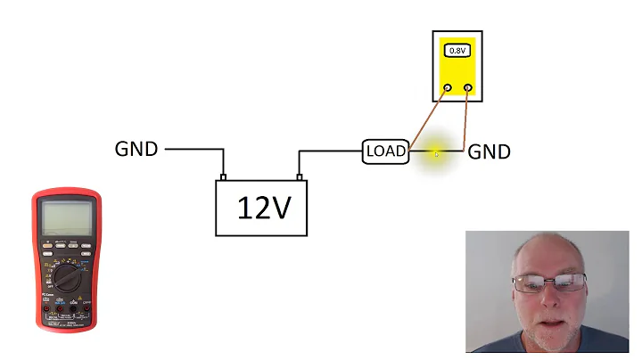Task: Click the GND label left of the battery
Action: click(x=136, y=149)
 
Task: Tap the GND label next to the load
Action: click(x=490, y=151)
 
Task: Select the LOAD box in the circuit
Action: click(x=385, y=151)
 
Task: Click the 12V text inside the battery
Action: click(x=264, y=208)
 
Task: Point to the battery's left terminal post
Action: click(x=223, y=176)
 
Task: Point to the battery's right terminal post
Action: click(x=300, y=176)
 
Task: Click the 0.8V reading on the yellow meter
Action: click(x=457, y=51)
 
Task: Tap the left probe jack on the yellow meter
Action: click(x=446, y=88)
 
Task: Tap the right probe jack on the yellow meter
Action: click(x=468, y=88)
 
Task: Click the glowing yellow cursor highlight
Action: click(x=436, y=153)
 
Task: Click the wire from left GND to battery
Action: click(x=192, y=150)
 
